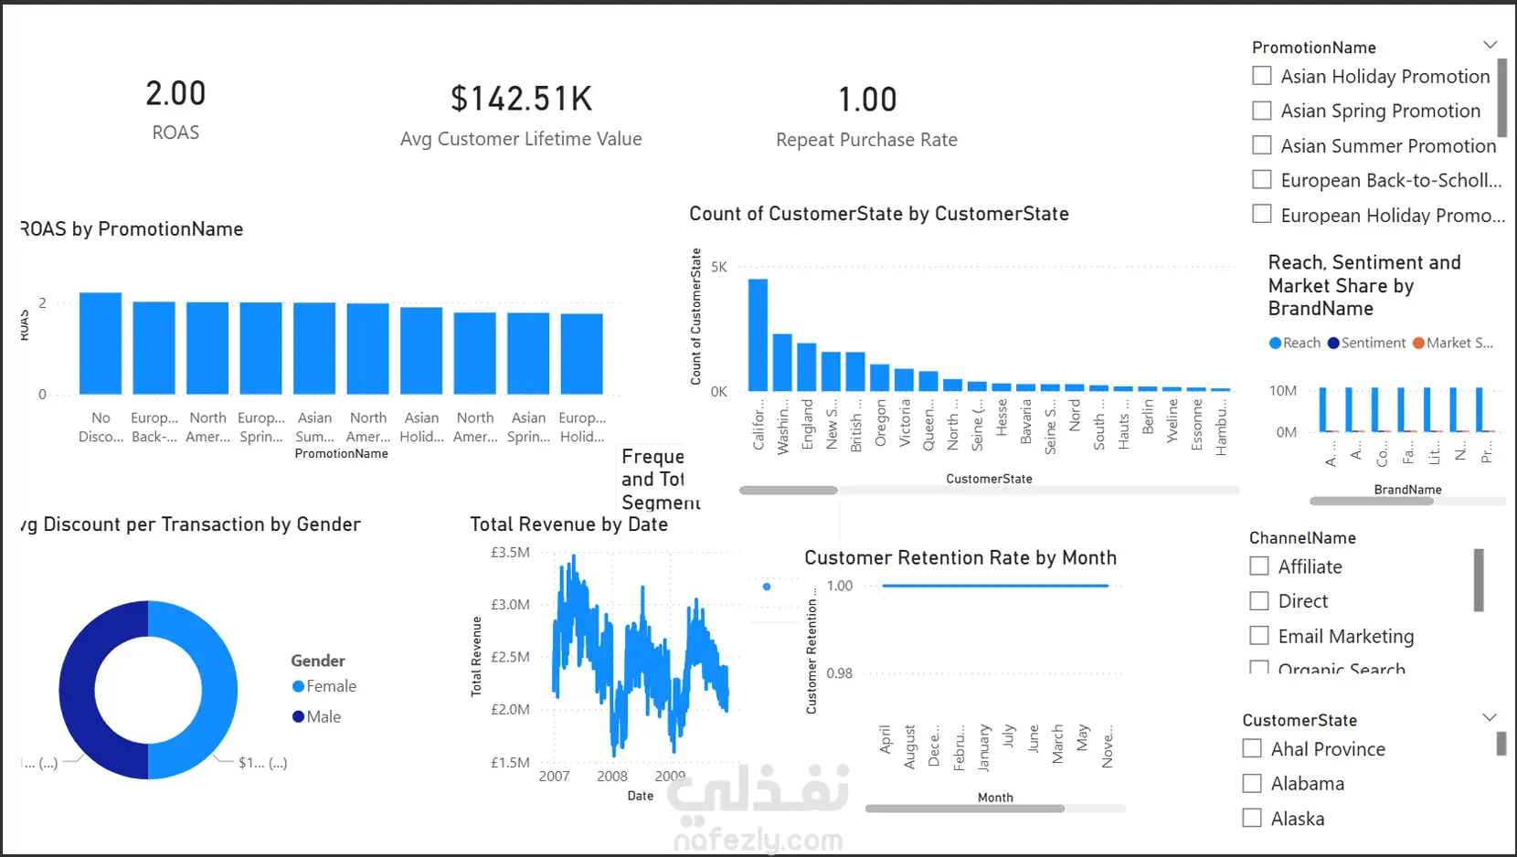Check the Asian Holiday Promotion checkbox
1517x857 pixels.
[1262, 76]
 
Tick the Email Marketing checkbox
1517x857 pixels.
[1259, 635]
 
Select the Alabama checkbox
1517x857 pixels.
[1252, 783]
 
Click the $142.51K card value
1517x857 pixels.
[521, 99]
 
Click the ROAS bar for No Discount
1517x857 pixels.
[101, 344]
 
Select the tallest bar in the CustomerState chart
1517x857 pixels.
[758, 334]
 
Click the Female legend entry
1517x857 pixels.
[324, 686]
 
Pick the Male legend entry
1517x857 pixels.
[317, 717]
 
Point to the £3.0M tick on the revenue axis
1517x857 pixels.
[510, 604]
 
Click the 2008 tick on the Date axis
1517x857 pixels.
[612, 776]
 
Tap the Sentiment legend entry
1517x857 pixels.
[1367, 343]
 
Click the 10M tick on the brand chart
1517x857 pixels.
[1283, 390]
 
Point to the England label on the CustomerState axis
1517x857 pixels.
[808, 424]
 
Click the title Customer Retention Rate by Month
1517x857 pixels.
[960, 557]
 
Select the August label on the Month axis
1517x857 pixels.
[909, 746]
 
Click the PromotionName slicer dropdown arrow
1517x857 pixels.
[1490, 45]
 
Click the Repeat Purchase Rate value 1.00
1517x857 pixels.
[867, 100]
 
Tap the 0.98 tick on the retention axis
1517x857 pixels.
[839, 673]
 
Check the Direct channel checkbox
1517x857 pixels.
[1259, 600]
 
